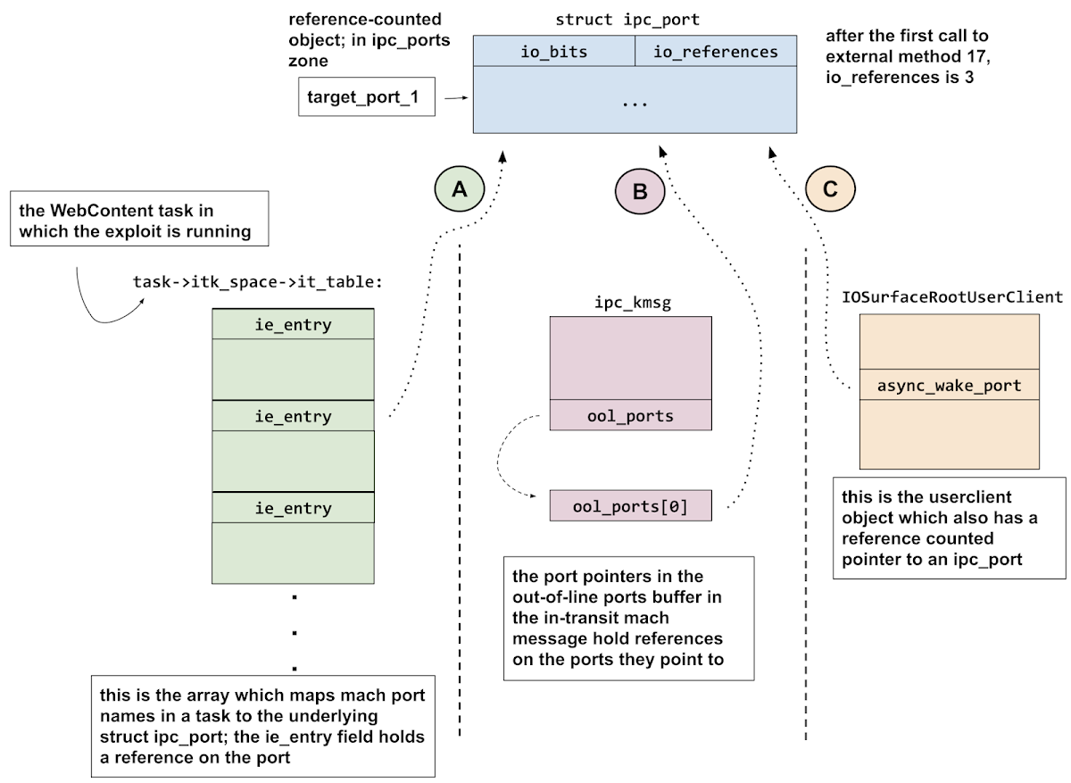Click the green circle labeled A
460,188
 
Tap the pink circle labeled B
640,190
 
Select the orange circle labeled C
829,188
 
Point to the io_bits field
553,52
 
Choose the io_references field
715,52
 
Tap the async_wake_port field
949,386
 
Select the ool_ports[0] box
630,506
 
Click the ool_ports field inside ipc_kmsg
630,415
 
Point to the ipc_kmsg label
632,302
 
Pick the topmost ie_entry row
293,324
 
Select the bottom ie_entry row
293,508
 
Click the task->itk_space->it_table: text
257,281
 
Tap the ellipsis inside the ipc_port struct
635,104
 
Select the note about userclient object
949,528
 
